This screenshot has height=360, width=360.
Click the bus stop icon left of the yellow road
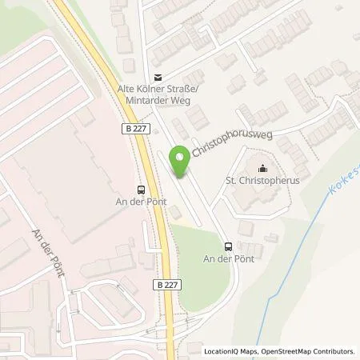click(142, 190)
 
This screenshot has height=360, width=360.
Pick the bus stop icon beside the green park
click(229, 246)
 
